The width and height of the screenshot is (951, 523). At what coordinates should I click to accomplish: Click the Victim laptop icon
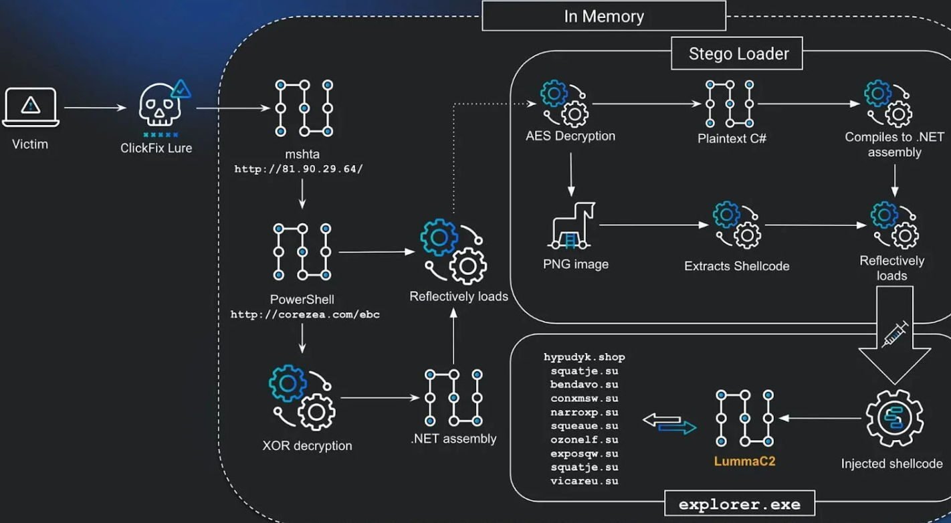(31, 107)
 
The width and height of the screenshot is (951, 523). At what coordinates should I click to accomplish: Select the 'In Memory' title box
(603, 16)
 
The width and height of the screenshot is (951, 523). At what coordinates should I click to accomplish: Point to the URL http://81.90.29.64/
(298, 169)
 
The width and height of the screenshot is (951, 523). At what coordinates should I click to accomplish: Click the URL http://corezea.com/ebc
(305, 314)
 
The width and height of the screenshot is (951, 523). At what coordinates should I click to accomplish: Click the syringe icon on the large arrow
(895, 333)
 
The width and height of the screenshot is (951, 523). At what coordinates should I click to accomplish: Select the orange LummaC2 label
(744, 461)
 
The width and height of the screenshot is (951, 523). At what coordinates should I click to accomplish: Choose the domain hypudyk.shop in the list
(584, 357)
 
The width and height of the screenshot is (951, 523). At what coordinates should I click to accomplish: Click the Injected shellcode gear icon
(894, 419)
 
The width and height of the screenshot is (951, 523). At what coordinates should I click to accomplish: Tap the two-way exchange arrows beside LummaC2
(669, 423)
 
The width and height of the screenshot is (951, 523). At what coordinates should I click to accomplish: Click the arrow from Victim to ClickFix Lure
(95, 107)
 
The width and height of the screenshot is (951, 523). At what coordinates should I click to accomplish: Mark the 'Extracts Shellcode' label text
(736, 266)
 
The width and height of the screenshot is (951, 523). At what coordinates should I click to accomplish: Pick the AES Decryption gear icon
(564, 103)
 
